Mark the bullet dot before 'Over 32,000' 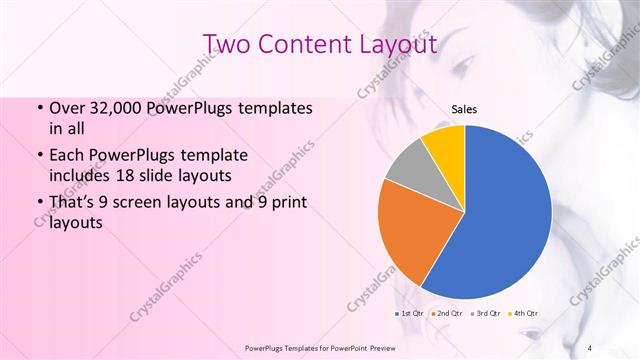pos(39,108)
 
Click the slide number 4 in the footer pos(589,347)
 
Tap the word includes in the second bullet pos(79,175)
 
